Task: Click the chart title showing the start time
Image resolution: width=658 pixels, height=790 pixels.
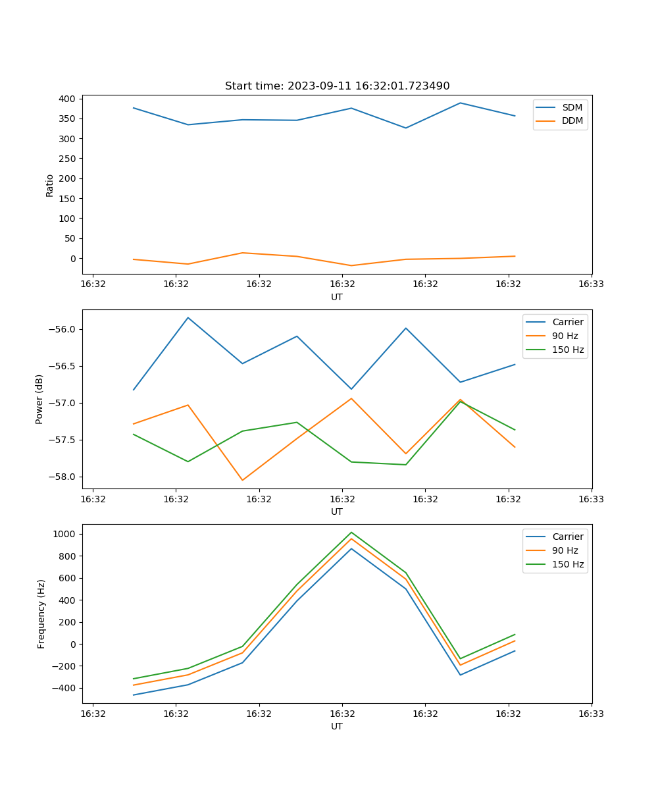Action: (337, 86)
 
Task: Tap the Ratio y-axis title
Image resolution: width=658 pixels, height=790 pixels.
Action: (50, 186)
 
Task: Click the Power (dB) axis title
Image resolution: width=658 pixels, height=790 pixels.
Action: (39, 399)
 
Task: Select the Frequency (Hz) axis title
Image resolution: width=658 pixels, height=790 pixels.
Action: (41, 614)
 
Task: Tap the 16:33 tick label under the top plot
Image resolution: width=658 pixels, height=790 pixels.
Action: (591, 284)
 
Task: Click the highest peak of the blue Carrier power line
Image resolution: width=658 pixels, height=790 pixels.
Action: (188, 317)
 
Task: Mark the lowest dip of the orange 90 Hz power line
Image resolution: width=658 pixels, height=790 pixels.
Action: (242, 481)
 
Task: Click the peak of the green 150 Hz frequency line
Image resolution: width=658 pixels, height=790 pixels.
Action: (351, 532)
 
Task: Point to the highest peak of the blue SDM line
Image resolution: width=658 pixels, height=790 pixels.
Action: (461, 103)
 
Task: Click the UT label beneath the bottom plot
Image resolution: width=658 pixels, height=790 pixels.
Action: (337, 726)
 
